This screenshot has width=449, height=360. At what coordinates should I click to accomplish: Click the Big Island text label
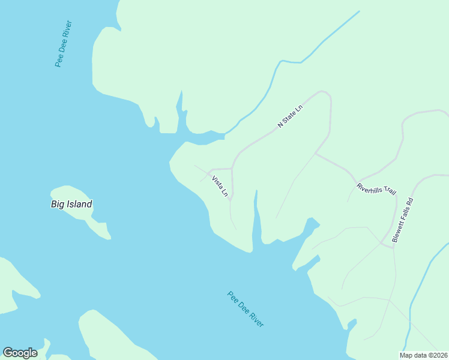coord(71,204)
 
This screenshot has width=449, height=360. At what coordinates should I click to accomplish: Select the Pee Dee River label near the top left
coord(63,44)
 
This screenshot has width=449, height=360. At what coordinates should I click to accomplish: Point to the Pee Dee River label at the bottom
coord(246,309)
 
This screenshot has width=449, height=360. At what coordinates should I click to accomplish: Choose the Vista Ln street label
coord(220,187)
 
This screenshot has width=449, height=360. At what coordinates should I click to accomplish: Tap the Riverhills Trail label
coord(376,188)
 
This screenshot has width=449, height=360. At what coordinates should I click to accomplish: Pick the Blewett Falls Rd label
coord(403,220)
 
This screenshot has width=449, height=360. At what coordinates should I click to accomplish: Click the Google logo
coord(20,353)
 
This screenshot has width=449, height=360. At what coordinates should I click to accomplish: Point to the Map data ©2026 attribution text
coord(423,355)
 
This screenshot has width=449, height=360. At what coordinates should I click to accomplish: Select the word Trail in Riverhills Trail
coord(387,191)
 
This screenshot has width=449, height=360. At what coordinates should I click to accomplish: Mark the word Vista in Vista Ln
coord(217,182)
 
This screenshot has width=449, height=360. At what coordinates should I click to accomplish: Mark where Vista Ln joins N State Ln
coord(232,169)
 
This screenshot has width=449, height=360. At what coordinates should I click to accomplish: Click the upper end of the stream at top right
coord(359,11)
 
